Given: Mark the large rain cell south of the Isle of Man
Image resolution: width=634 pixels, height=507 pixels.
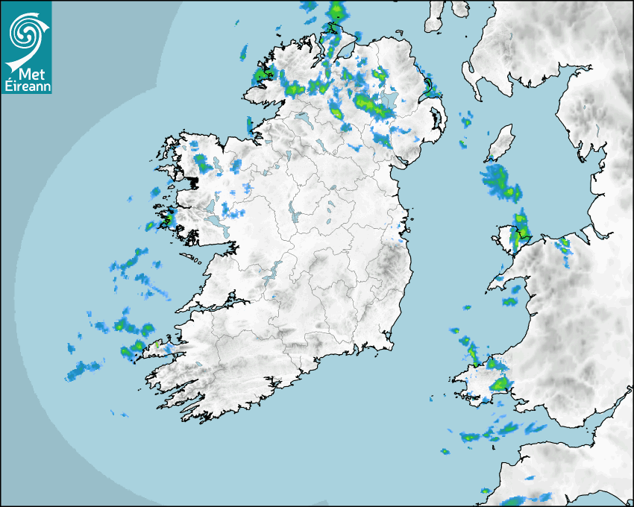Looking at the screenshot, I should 500,183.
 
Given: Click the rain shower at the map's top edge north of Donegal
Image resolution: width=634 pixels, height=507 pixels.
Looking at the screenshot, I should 337,10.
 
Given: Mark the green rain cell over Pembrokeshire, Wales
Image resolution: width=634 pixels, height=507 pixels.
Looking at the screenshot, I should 499,384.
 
